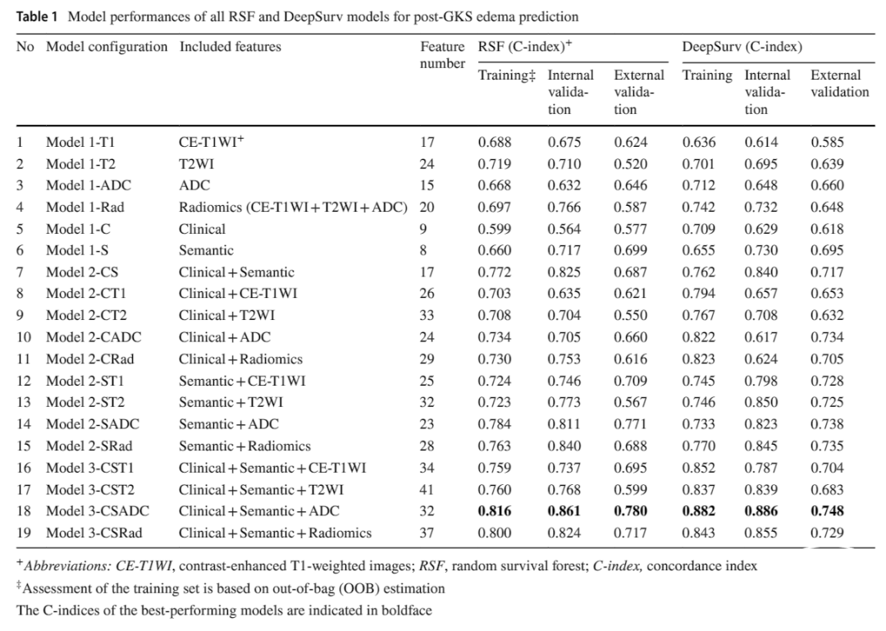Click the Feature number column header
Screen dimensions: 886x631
(442, 55)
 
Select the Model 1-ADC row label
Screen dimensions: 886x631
(88, 185)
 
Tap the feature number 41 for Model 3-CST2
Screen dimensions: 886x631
(427, 490)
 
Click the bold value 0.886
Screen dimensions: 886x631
(760, 511)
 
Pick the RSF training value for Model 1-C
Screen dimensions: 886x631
(495, 229)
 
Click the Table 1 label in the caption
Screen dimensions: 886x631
(37, 16)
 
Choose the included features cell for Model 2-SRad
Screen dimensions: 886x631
(244, 446)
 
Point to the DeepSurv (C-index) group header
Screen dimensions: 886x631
(742, 47)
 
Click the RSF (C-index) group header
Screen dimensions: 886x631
(525, 47)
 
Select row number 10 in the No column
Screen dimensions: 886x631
(24, 337)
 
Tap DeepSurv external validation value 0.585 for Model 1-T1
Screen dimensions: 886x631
(827, 142)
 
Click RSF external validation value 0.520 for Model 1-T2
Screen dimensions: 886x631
(631, 164)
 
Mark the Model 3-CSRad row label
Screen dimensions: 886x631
(94, 533)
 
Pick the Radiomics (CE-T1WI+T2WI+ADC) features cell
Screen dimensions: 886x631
(293, 208)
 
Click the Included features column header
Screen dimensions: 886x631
(230, 47)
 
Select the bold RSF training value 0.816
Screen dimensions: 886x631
(495, 511)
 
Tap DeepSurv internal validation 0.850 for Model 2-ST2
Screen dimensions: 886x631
(760, 403)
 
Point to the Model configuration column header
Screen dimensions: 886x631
(107, 47)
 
